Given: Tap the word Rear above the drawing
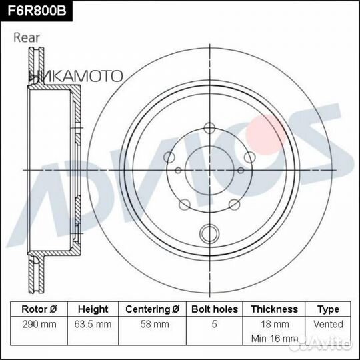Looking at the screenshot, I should point(28,38).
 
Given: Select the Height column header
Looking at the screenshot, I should point(93,309).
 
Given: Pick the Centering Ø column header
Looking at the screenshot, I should point(152,309).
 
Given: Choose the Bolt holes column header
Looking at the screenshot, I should point(213,309).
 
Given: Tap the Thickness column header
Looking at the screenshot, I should point(274,309).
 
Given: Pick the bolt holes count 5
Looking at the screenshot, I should point(213,324).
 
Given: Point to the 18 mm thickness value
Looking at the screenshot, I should point(274,324).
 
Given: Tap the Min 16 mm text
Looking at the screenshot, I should point(274,339).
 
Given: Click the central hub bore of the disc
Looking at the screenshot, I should point(209,169).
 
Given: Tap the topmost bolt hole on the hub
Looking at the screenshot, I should point(209,128).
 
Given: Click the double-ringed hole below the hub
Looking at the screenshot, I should point(209,233).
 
